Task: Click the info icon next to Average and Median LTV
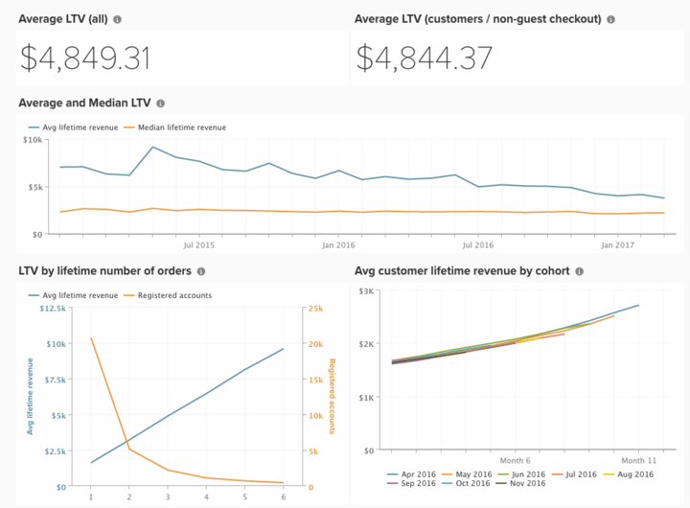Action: pyautogui.click(x=160, y=104)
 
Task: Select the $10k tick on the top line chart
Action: pyautogui.click(x=33, y=140)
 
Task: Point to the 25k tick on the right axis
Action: pyautogui.click(x=315, y=308)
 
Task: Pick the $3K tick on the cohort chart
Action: pyautogui.click(x=367, y=290)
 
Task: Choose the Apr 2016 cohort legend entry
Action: pyautogui.click(x=414, y=474)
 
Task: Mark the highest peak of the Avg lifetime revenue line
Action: pyautogui.click(x=153, y=148)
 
